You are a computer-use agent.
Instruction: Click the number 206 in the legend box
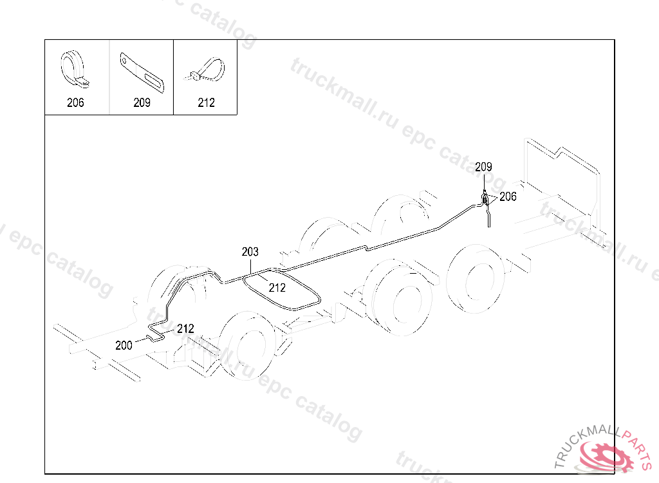click(x=75, y=102)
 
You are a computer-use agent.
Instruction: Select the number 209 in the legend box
click(x=142, y=102)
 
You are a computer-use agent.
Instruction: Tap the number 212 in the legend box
click(x=206, y=102)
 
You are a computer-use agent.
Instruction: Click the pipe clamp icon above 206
click(x=75, y=69)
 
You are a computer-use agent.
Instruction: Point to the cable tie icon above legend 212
click(x=206, y=69)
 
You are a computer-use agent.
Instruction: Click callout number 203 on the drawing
click(x=250, y=251)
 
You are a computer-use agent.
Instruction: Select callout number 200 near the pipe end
click(x=124, y=345)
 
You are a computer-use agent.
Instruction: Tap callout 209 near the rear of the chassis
click(x=484, y=167)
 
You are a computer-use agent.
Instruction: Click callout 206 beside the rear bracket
click(x=508, y=197)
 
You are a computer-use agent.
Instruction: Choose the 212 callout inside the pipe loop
click(x=277, y=288)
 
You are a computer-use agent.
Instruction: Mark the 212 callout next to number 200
click(x=185, y=328)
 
